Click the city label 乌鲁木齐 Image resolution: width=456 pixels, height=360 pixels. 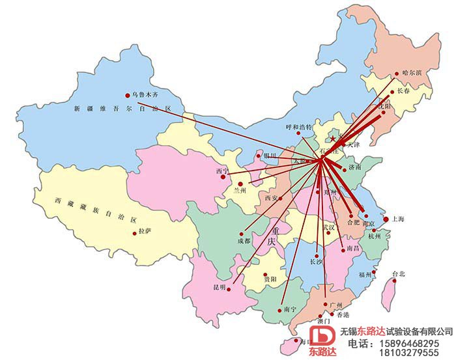point(145,94)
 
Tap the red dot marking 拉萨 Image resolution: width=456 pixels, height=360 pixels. point(135,232)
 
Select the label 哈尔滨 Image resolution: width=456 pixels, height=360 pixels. point(412,72)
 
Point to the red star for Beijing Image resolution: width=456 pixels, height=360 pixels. point(333,139)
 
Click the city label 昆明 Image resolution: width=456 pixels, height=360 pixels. point(218,287)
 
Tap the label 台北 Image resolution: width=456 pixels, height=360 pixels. point(398,274)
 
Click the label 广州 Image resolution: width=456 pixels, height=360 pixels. point(336,304)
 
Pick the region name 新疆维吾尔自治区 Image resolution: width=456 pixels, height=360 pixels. point(122,107)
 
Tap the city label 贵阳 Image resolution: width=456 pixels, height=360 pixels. point(270,278)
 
